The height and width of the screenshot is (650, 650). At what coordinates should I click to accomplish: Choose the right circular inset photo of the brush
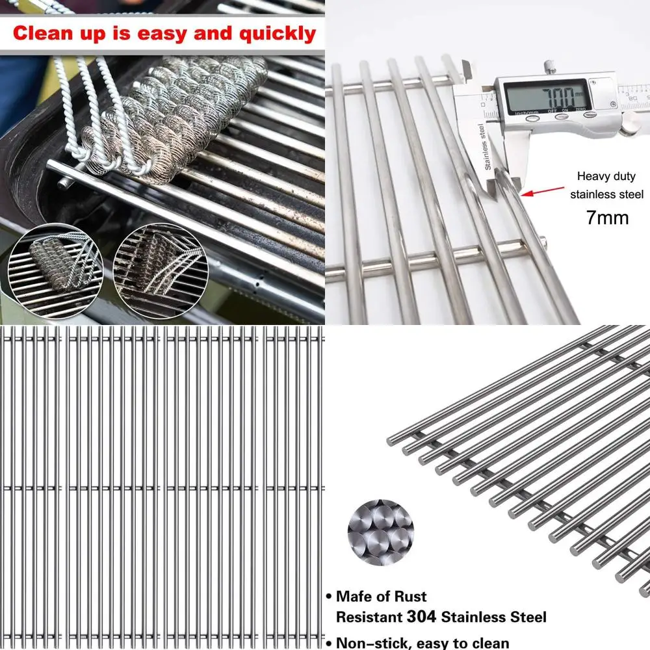click(150, 270)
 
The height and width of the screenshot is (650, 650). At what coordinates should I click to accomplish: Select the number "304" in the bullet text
click(427, 616)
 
